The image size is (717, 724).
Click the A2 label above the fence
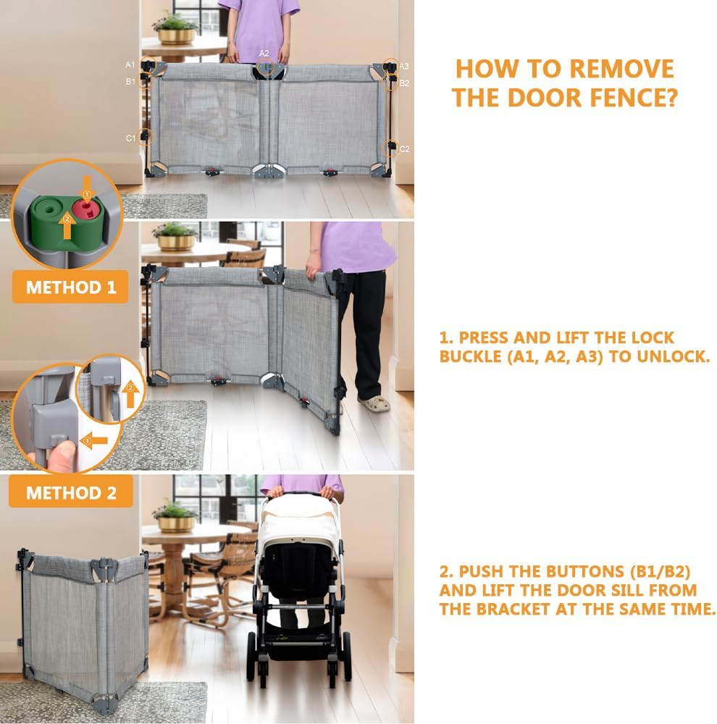[x=264, y=54]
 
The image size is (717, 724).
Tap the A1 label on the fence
[x=130, y=64]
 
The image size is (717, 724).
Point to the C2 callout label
[x=404, y=148]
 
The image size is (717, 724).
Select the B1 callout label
[x=131, y=81]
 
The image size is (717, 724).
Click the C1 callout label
[x=131, y=138]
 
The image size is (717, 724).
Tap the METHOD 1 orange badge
[x=70, y=287]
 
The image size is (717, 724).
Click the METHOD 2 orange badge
[x=71, y=492]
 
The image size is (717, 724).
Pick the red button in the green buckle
[x=85, y=209]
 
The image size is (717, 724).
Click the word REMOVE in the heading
[x=622, y=70]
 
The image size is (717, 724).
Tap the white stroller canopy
[x=300, y=516]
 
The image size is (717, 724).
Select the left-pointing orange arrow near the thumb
[x=94, y=441]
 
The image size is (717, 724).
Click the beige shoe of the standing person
[x=374, y=403]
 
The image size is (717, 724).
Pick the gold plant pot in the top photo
[x=176, y=36]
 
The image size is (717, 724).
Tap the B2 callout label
[x=404, y=83]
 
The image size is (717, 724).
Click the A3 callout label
[x=404, y=66]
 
